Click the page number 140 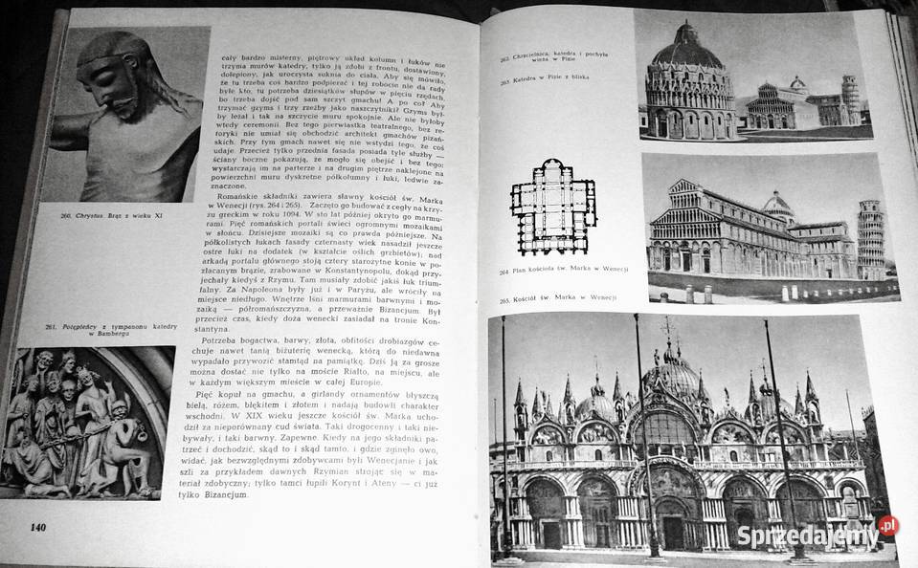(x=38, y=527)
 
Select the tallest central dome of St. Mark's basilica (x=671, y=372)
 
